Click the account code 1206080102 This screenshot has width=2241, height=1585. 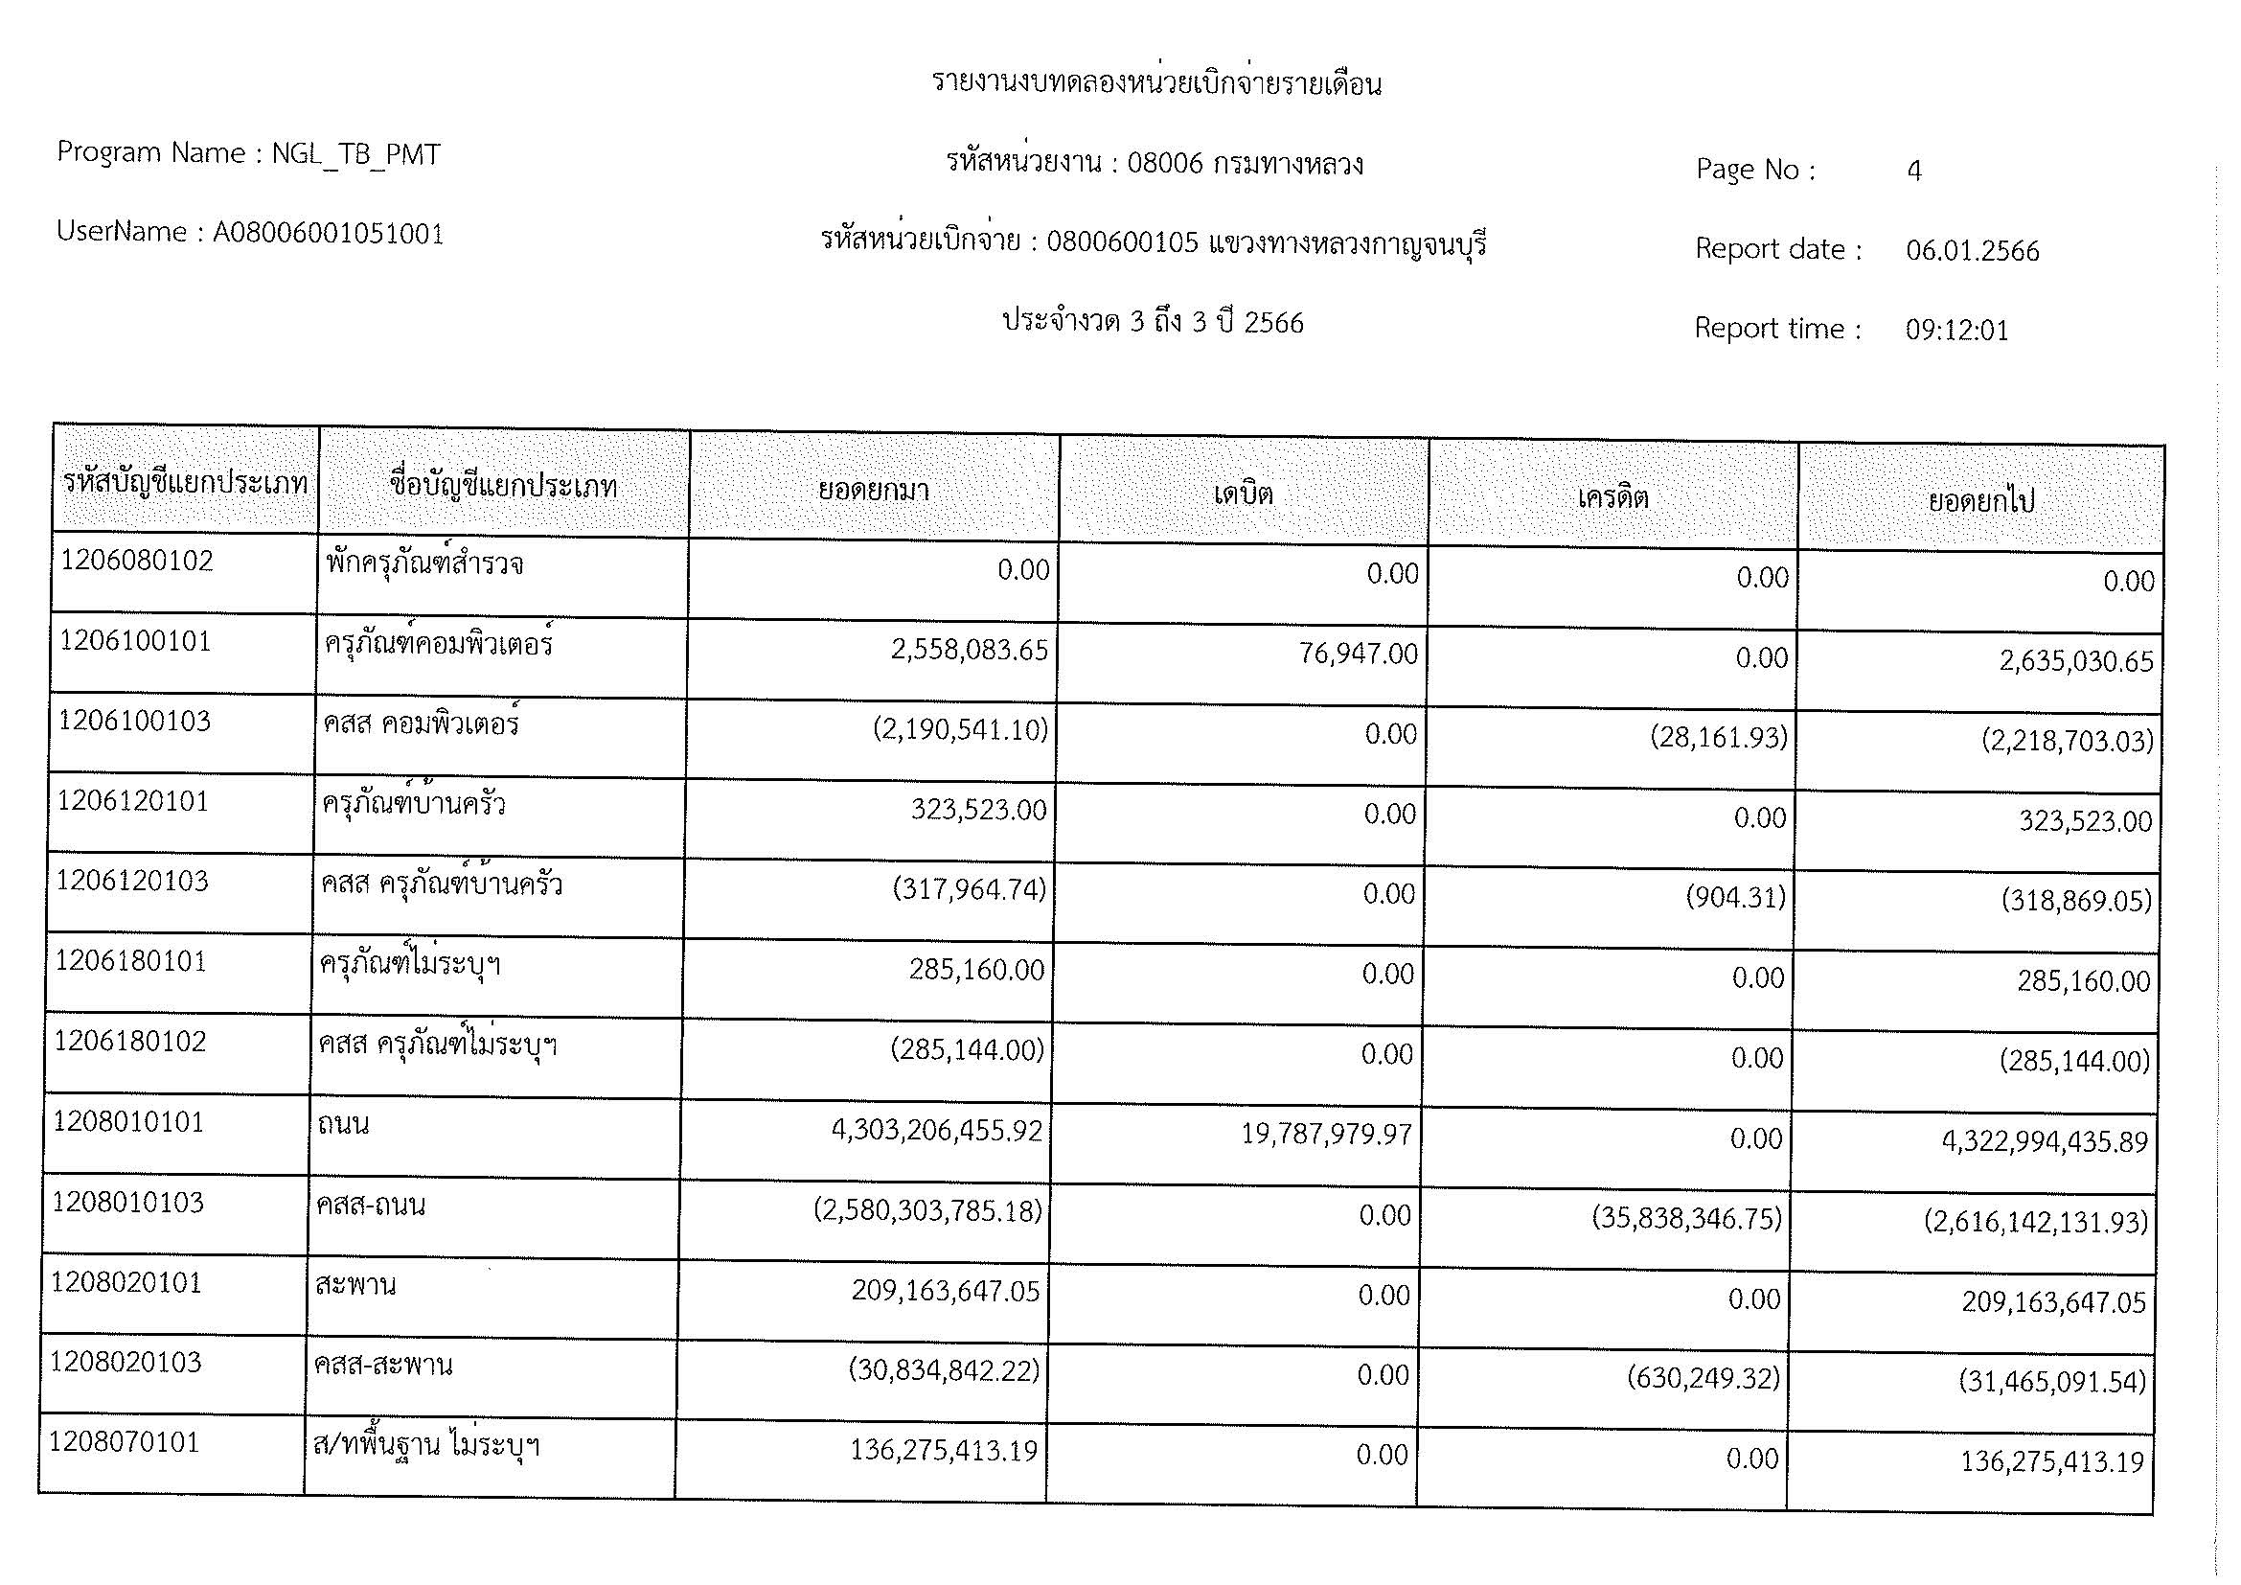point(137,562)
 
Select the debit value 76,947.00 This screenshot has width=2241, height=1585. point(1358,654)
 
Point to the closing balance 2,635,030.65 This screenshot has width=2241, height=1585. point(2075,662)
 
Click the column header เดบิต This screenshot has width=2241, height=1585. point(1244,494)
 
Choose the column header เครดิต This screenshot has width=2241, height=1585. point(1612,497)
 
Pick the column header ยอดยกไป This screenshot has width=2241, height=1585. point(1981,501)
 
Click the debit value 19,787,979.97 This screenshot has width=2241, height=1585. point(1326,1134)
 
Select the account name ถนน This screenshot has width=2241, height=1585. point(343,1124)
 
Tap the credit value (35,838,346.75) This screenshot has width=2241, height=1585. point(1686,1219)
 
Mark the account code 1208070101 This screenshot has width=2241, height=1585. point(124,1442)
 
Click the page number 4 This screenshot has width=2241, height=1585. point(1914,171)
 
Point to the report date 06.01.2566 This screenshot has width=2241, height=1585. point(1972,251)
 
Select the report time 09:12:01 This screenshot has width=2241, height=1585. point(1957,330)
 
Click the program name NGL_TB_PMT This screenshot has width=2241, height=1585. point(355,154)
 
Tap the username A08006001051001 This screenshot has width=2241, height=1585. point(328,234)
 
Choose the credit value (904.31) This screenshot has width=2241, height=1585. point(1735,898)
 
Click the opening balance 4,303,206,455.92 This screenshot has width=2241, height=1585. point(936,1130)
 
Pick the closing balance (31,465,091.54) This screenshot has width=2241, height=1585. point(2051,1381)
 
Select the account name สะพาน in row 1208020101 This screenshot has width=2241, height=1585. point(355,1284)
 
